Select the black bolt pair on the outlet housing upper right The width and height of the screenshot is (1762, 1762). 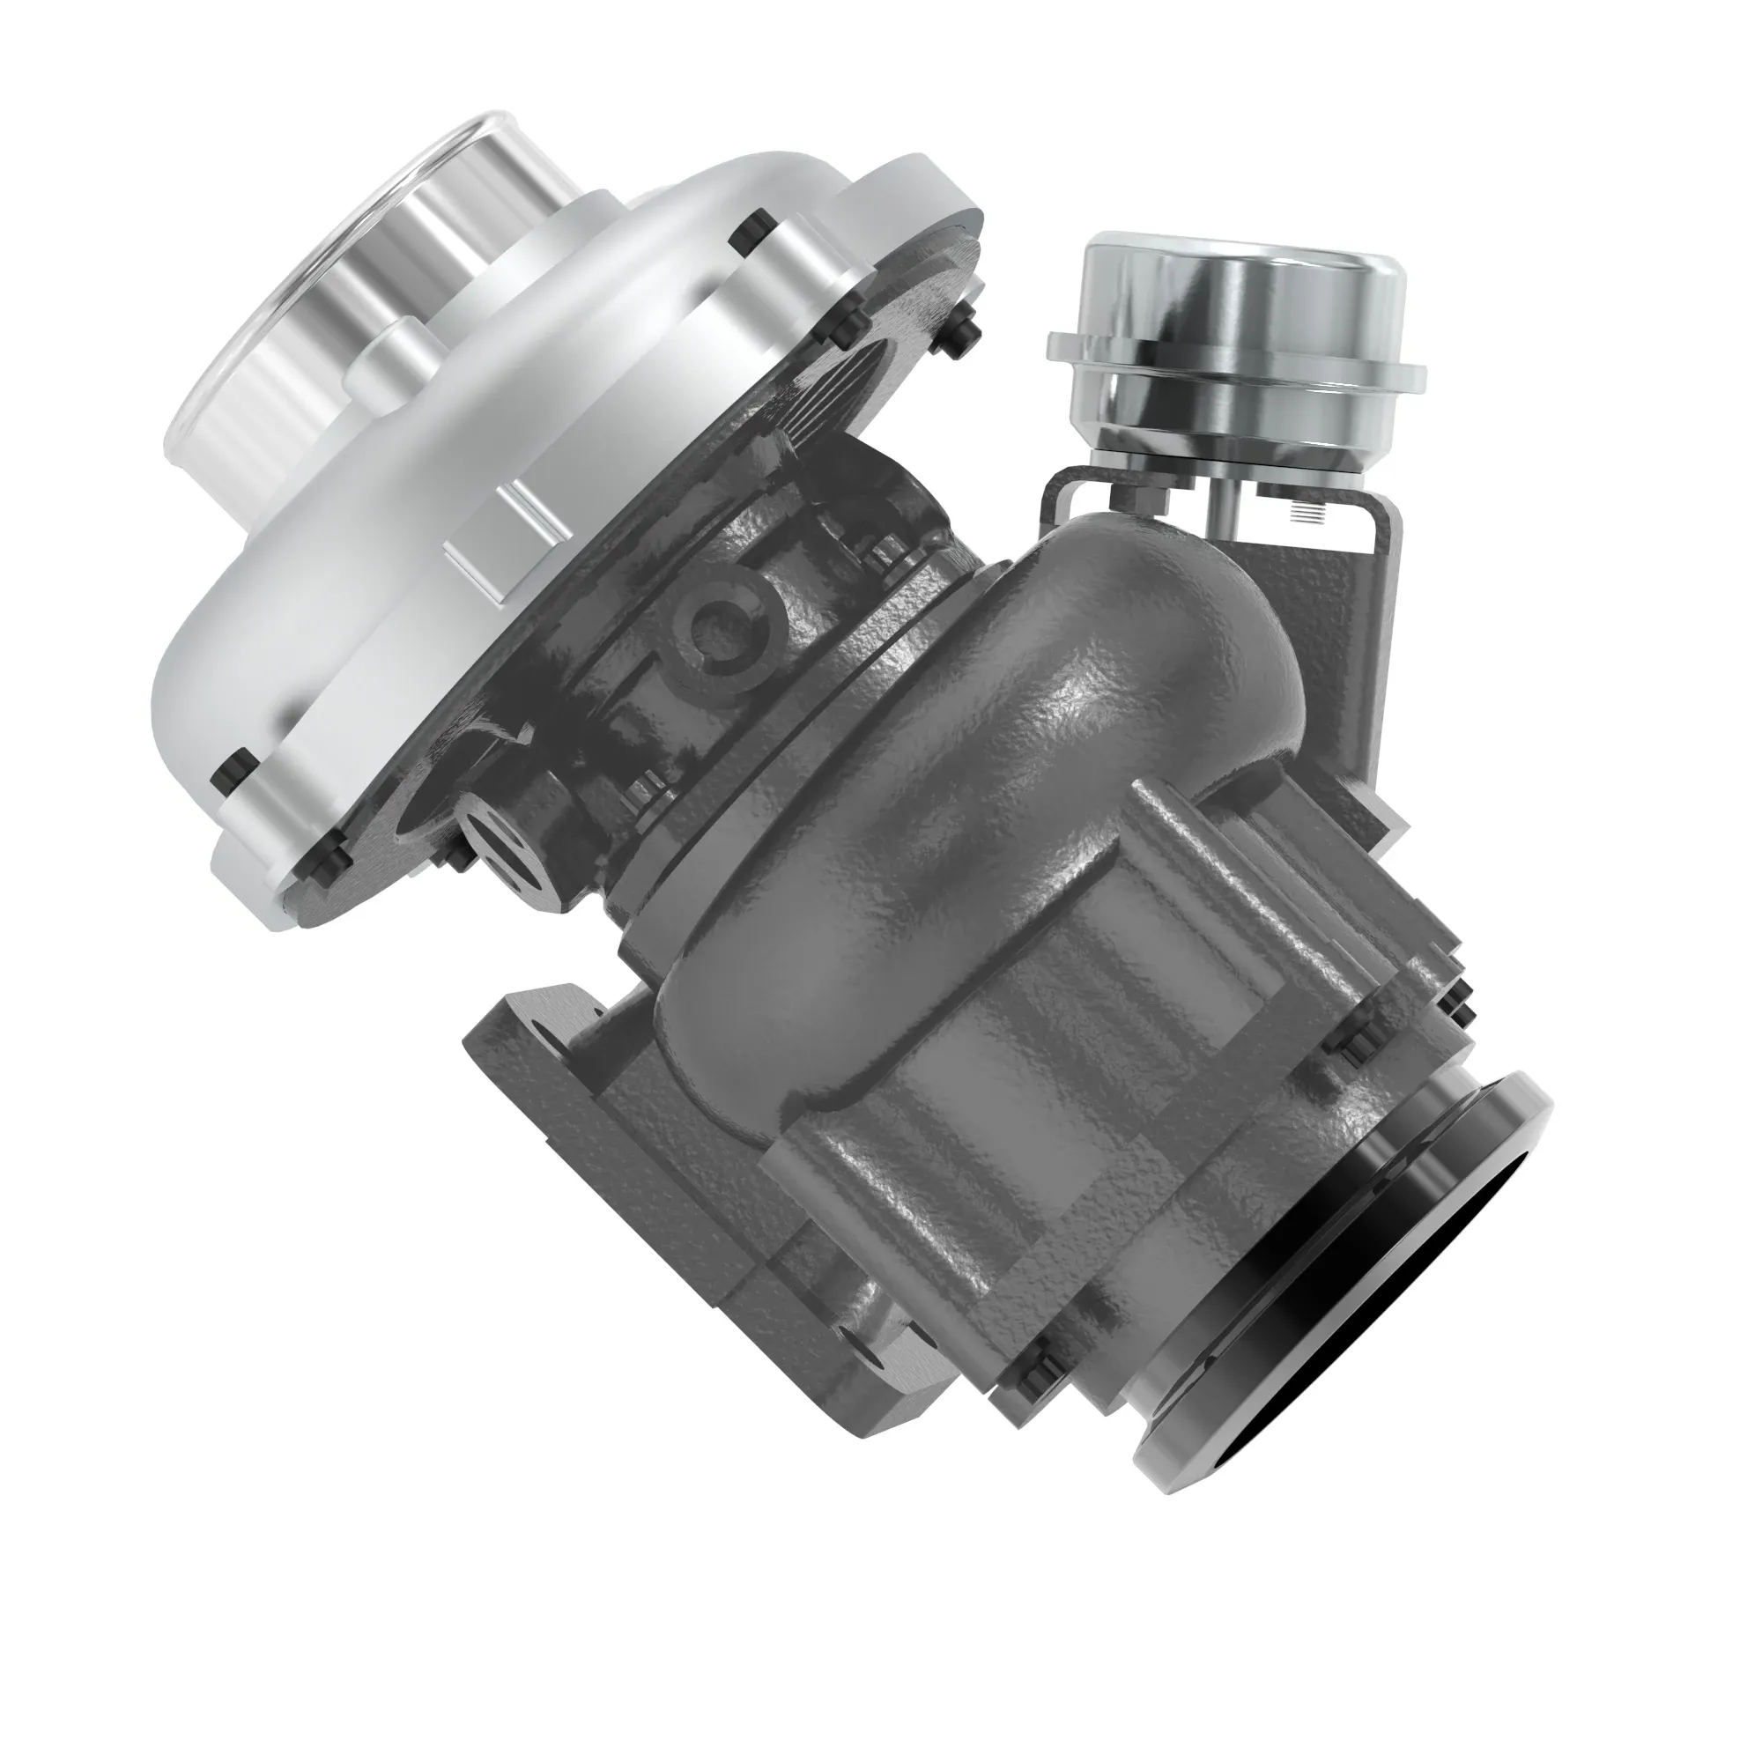1455,1008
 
